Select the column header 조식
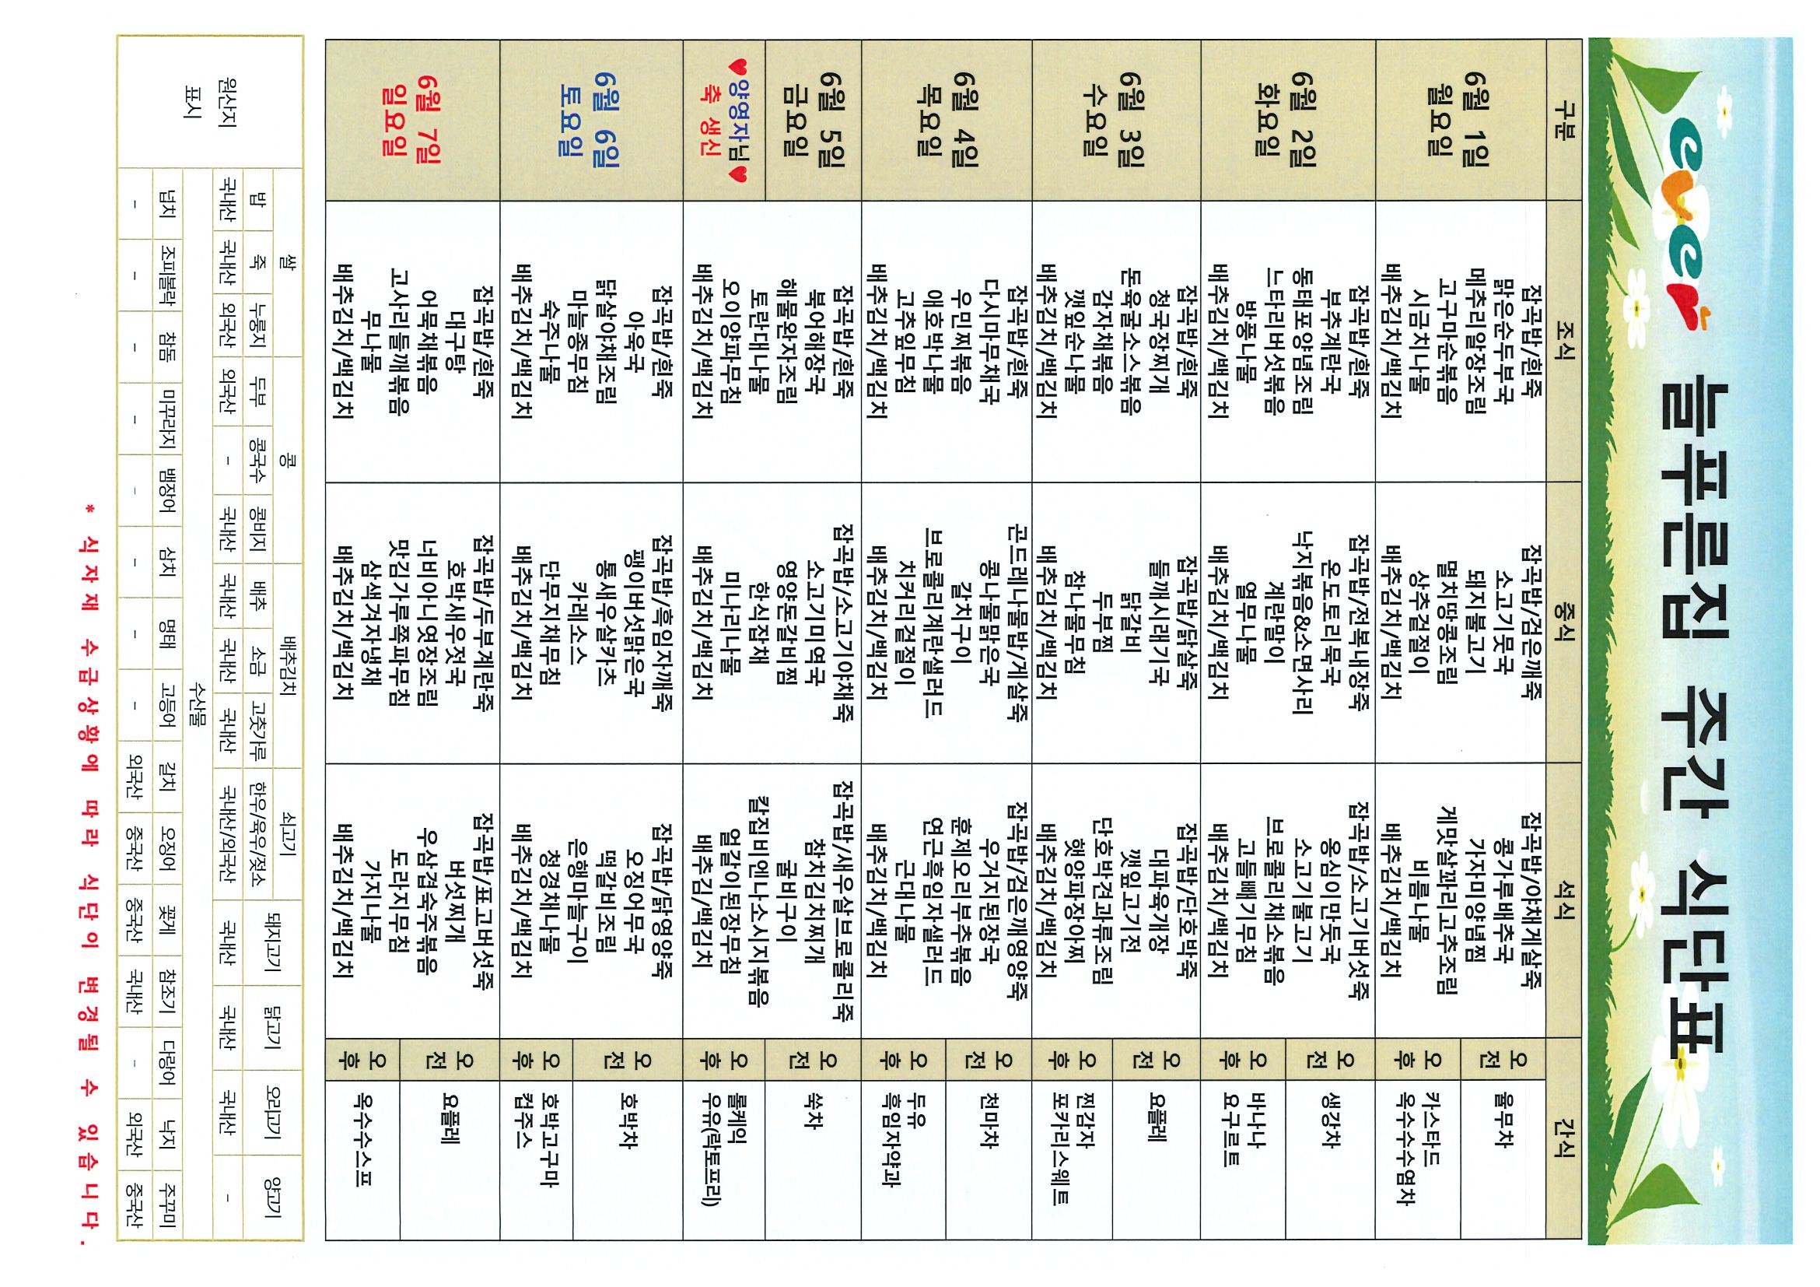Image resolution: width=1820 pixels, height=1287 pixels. point(1563,340)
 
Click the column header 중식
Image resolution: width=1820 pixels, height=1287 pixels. point(1563,623)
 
